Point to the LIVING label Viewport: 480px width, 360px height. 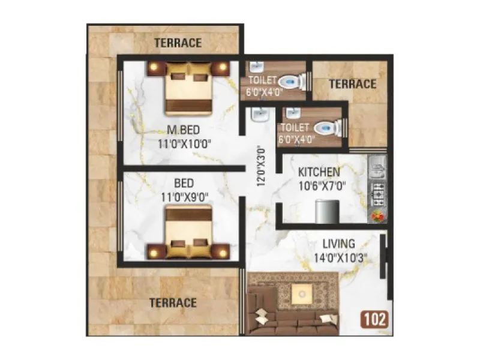pyautogui.click(x=339, y=244)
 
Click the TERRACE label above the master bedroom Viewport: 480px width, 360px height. pyautogui.click(x=178, y=43)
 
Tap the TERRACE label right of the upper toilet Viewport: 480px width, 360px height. pyautogui.click(x=352, y=84)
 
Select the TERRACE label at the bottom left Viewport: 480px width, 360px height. pyautogui.click(x=173, y=302)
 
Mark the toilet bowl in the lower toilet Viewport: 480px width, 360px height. pyautogui.click(x=327, y=127)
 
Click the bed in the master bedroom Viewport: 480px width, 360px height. pyautogui.click(x=188, y=86)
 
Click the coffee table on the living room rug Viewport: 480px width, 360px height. pyautogui.click(x=299, y=293)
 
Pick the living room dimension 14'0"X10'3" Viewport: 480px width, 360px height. pyautogui.click(x=339, y=258)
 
